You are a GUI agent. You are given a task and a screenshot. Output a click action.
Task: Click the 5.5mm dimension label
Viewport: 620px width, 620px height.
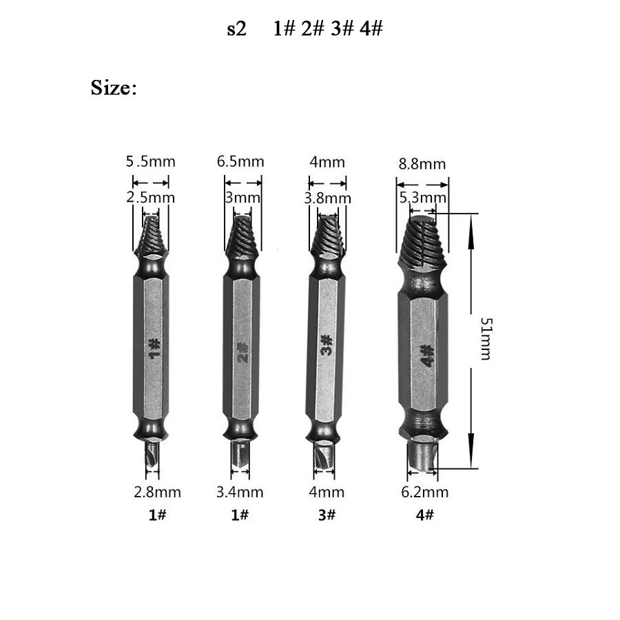[150, 162]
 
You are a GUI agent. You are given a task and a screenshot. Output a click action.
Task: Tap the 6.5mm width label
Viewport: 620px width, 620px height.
[240, 162]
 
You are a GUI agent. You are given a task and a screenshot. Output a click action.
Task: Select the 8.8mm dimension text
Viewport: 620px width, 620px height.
[422, 164]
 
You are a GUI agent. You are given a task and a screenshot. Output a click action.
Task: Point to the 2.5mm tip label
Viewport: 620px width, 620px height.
[150, 198]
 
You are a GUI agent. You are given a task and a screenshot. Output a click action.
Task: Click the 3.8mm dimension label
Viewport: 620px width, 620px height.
[327, 198]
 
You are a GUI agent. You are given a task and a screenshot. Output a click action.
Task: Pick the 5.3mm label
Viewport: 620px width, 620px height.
[423, 198]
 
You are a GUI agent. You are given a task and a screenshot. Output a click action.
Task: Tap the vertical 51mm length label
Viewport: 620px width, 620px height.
[486, 338]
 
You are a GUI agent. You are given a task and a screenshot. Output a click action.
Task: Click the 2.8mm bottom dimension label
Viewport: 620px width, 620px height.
[157, 493]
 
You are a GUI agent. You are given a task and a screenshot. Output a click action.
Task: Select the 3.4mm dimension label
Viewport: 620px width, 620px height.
[240, 493]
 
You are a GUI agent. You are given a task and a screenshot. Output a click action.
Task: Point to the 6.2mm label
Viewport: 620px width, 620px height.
[424, 493]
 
